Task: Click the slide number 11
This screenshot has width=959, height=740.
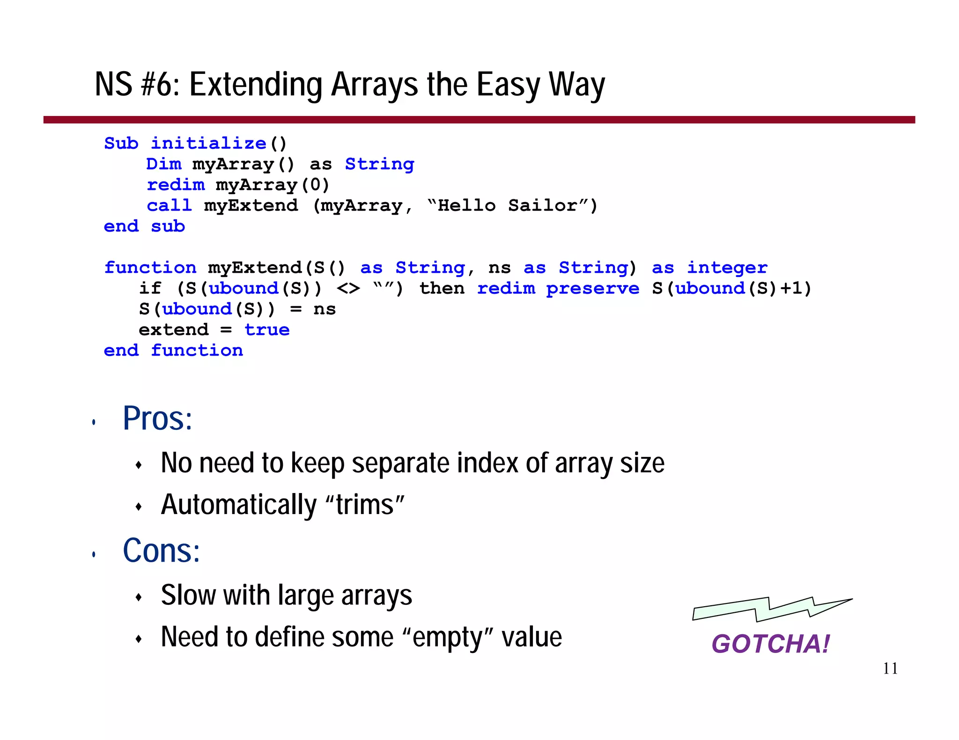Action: tap(890, 668)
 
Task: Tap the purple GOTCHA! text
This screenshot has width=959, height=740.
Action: tap(770, 644)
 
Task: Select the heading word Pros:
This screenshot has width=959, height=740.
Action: tap(157, 418)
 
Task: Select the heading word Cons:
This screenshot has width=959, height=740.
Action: tap(161, 551)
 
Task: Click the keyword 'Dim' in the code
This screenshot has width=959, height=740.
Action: tap(163, 164)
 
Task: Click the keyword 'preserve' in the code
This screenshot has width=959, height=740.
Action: tap(592, 289)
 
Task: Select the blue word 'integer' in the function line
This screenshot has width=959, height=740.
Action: tap(727, 268)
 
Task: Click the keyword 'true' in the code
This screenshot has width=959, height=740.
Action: tap(267, 330)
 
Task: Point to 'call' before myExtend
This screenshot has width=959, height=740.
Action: tap(169, 206)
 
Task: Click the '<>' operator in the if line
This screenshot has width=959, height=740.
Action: tap(348, 289)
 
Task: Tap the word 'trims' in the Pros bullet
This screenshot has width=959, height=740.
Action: tap(365, 505)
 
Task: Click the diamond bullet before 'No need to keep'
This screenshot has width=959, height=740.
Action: tap(138, 465)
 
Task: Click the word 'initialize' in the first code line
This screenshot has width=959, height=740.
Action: tap(208, 144)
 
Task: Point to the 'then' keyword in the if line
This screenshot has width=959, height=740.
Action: tap(442, 289)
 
